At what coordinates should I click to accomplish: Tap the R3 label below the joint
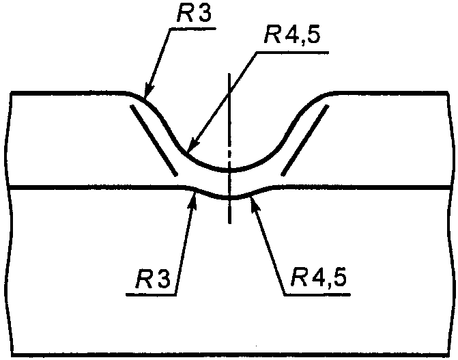[154, 279]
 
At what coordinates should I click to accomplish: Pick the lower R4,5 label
[319, 279]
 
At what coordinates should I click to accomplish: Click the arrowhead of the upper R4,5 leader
[190, 149]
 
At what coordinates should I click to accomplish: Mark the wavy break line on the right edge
[451, 225]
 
